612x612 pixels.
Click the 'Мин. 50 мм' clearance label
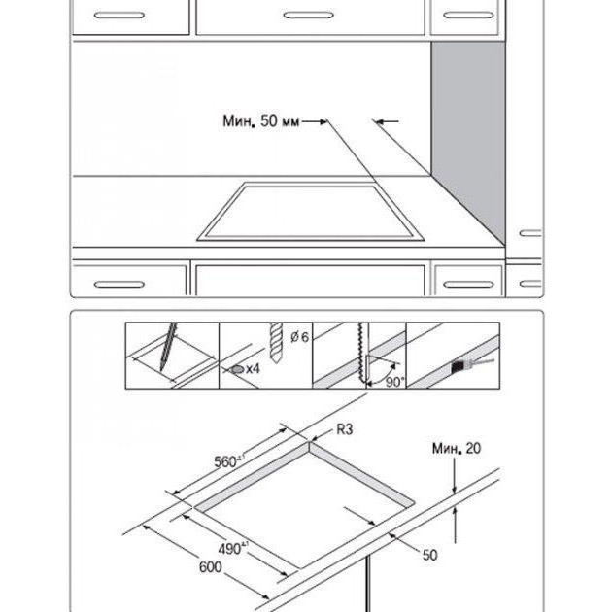[x=261, y=121]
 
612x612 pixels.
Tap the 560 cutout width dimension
[x=229, y=461]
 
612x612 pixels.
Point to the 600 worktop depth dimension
[x=211, y=566]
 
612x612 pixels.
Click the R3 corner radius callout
[x=344, y=429]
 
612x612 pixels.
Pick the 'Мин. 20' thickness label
[x=457, y=448]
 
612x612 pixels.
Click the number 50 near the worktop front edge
[x=429, y=555]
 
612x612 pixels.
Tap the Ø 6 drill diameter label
[x=299, y=336]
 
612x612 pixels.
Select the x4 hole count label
[x=253, y=368]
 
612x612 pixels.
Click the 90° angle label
[x=394, y=382]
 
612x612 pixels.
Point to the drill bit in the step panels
[x=276, y=343]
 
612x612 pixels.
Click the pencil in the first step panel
[x=168, y=347]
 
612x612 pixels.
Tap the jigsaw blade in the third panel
[x=362, y=353]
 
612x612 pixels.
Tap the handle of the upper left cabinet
[x=119, y=16]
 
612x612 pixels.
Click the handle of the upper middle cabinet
[x=308, y=16]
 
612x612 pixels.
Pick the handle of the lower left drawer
[x=119, y=284]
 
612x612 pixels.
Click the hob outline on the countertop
[x=310, y=211]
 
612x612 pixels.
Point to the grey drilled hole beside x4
[x=237, y=369]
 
